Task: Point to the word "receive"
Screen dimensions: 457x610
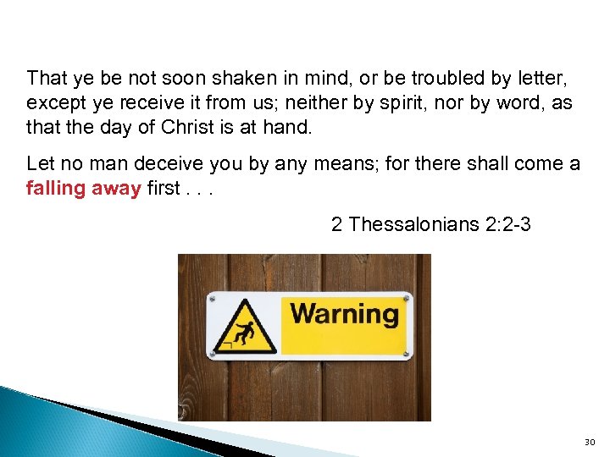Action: click(152, 103)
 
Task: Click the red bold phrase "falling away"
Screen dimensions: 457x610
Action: click(84, 188)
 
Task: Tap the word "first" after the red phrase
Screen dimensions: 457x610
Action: click(164, 188)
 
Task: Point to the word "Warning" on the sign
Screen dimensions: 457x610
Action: click(344, 315)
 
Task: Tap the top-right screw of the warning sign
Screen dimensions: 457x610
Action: click(408, 298)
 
